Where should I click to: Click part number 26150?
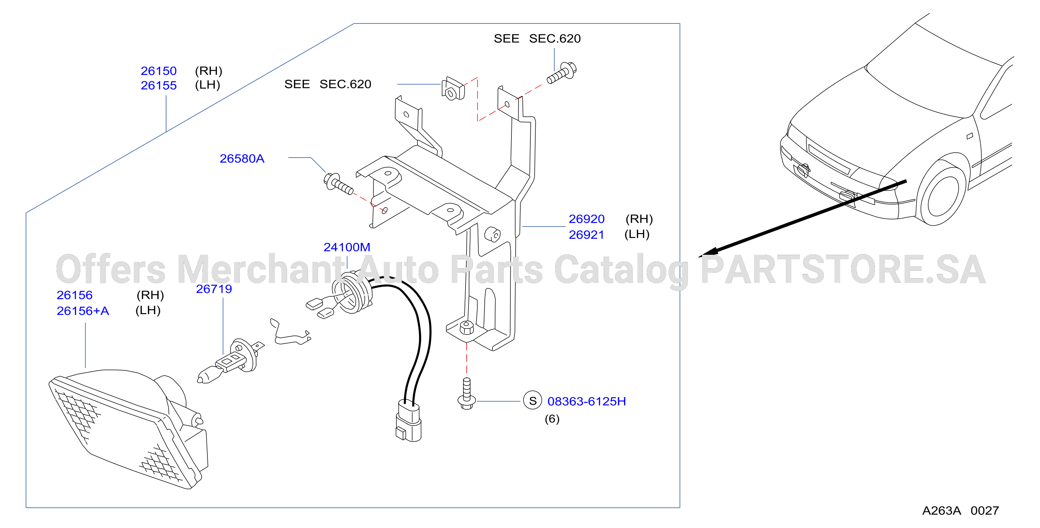point(159,71)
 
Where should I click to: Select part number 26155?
point(159,85)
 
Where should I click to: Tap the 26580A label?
point(242,158)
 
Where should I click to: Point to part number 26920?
point(587,218)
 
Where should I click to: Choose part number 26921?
point(586,234)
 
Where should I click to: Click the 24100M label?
point(347,247)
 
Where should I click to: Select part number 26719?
point(214,289)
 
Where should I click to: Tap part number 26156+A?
point(83,311)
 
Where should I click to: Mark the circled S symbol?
point(532,400)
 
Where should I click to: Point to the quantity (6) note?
point(552,418)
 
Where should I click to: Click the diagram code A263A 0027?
point(960,510)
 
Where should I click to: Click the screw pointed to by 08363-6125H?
point(467,393)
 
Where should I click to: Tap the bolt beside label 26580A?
point(338,184)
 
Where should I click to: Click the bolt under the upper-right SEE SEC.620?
point(562,73)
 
